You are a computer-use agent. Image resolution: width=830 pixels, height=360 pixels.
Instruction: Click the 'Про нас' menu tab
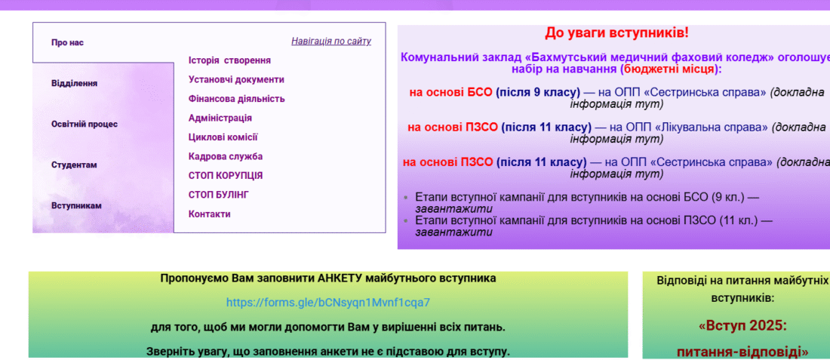click(67, 43)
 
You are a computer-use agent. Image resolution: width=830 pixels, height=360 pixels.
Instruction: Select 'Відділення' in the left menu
click(74, 84)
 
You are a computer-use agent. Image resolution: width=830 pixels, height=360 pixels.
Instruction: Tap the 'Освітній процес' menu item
click(85, 125)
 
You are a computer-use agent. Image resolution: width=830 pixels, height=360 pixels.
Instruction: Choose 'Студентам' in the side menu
click(74, 165)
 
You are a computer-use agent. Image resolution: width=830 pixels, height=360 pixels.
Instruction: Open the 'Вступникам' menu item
click(76, 206)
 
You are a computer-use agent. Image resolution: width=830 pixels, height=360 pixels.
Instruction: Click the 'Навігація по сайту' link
click(331, 42)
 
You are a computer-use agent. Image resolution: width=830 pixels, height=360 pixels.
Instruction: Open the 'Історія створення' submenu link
click(229, 60)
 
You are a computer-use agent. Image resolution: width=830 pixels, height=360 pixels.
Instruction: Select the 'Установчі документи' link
click(236, 80)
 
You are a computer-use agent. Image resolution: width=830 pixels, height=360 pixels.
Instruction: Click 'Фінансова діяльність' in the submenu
click(237, 99)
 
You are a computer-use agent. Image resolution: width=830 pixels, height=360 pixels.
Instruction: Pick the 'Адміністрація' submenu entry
click(220, 118)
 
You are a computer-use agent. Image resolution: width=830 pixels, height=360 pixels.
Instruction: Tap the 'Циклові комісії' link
click(223, 137)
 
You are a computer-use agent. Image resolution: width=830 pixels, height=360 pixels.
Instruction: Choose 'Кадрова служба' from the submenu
click(226, 157)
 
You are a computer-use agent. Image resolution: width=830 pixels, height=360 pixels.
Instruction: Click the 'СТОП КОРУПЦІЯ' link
click(226, 176)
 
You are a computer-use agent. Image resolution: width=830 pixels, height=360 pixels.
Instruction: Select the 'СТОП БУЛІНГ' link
click(219, 195)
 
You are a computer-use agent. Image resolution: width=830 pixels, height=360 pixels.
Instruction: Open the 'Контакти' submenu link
click(210, 214)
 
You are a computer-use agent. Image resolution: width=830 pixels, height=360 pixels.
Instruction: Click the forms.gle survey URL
click(328, 303)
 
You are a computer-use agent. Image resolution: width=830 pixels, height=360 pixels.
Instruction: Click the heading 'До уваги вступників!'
click(617, 32)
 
